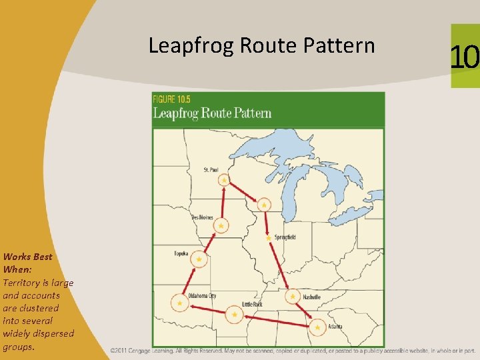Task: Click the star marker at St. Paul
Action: pyautogui.click(x=224, y=180)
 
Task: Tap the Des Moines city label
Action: pyautogui.click(x=203, y=217)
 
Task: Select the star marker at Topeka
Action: pyautogui.click(x=199, y=259)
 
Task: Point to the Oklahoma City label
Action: pyautogui.click(x=202, y=295)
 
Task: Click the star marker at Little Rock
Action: pyautogui.click(x=234, y=314)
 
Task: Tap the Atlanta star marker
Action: pyautogui.click(x=317, y=327)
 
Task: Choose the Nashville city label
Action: pyautogui.click(x=311, y=297)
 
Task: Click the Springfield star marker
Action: pyautogui.click(x=268, y=238)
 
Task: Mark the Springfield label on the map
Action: pyautogui.click(x=284, y=237)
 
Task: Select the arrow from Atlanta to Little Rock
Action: pyautogui.click(x=276, y=321)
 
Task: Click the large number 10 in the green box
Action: pyautogui.click(x=465, y=57)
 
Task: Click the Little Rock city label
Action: pyautogui.click(x=252, y=304)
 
